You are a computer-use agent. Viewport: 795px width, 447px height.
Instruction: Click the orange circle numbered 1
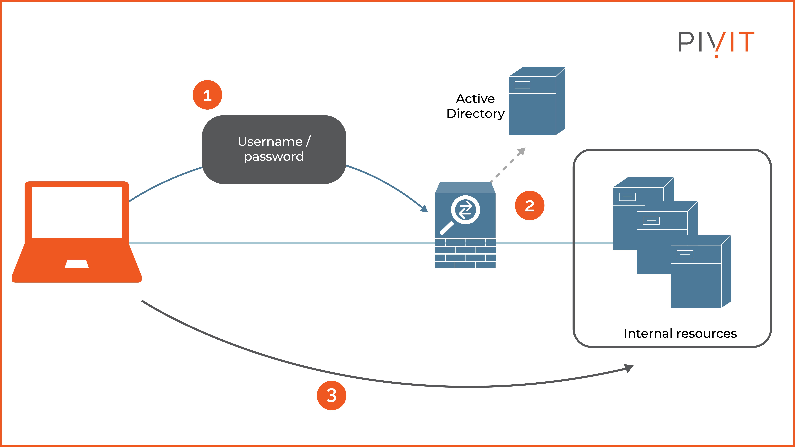(207, 95)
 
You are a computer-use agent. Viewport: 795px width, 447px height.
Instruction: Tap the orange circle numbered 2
(529, 205)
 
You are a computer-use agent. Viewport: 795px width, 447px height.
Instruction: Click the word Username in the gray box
(270, 142)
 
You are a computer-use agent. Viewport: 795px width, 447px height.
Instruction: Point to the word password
(274, 157)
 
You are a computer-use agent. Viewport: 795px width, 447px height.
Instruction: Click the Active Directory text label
(475, 106)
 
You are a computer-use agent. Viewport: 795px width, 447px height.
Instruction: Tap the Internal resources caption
(680, 333)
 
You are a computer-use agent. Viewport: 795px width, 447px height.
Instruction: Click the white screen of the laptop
(77, 212)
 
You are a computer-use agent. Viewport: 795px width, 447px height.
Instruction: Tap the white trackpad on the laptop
(77, 264)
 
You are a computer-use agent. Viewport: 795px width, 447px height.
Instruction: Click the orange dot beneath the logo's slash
(716, 56)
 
